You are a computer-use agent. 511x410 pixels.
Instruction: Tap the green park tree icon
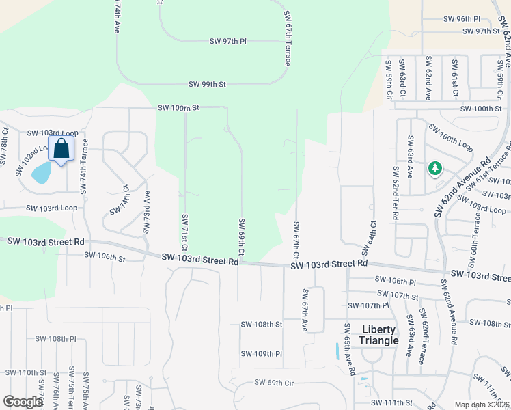tap(434, 168)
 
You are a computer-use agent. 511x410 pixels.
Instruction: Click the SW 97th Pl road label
tap(228, 42)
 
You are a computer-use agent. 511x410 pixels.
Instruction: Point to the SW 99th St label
tap(207, 85)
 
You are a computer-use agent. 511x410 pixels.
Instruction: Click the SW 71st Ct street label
tap(184, 232)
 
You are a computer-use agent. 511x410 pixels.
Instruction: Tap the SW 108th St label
tap(260, 325)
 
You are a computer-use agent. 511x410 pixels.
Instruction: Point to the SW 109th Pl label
tap(261, 353)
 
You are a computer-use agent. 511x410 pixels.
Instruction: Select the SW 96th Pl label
tap(462, 19)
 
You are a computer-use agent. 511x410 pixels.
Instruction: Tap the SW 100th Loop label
tap(451, 138)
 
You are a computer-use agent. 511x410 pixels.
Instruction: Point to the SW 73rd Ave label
tap(146, 212)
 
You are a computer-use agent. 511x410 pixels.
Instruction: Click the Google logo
tap(23, 402)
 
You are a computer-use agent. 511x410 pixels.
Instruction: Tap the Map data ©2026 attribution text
tap(482, 405)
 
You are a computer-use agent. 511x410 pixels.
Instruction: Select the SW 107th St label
tap(401, 297)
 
